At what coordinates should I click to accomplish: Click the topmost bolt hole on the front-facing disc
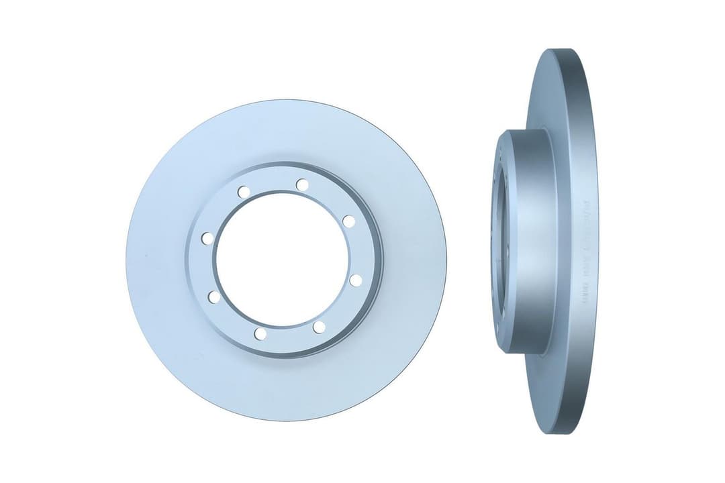(x=302, y=184)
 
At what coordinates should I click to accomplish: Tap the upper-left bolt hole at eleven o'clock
(x=244, y=192)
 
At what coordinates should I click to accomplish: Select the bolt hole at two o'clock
(x=348, y=221)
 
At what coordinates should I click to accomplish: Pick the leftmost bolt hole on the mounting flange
(x=207, y=238)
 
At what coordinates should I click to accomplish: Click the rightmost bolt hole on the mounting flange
(x=356, y=280)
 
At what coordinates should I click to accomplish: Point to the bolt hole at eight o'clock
(x=214, y=297)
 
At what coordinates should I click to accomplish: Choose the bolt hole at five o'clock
(x=319, y=327)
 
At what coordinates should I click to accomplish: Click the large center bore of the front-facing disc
(x=282, y=259)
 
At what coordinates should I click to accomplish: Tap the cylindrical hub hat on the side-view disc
(x=530, y=241)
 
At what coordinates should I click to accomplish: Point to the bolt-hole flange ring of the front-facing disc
(x=201, y=268)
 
